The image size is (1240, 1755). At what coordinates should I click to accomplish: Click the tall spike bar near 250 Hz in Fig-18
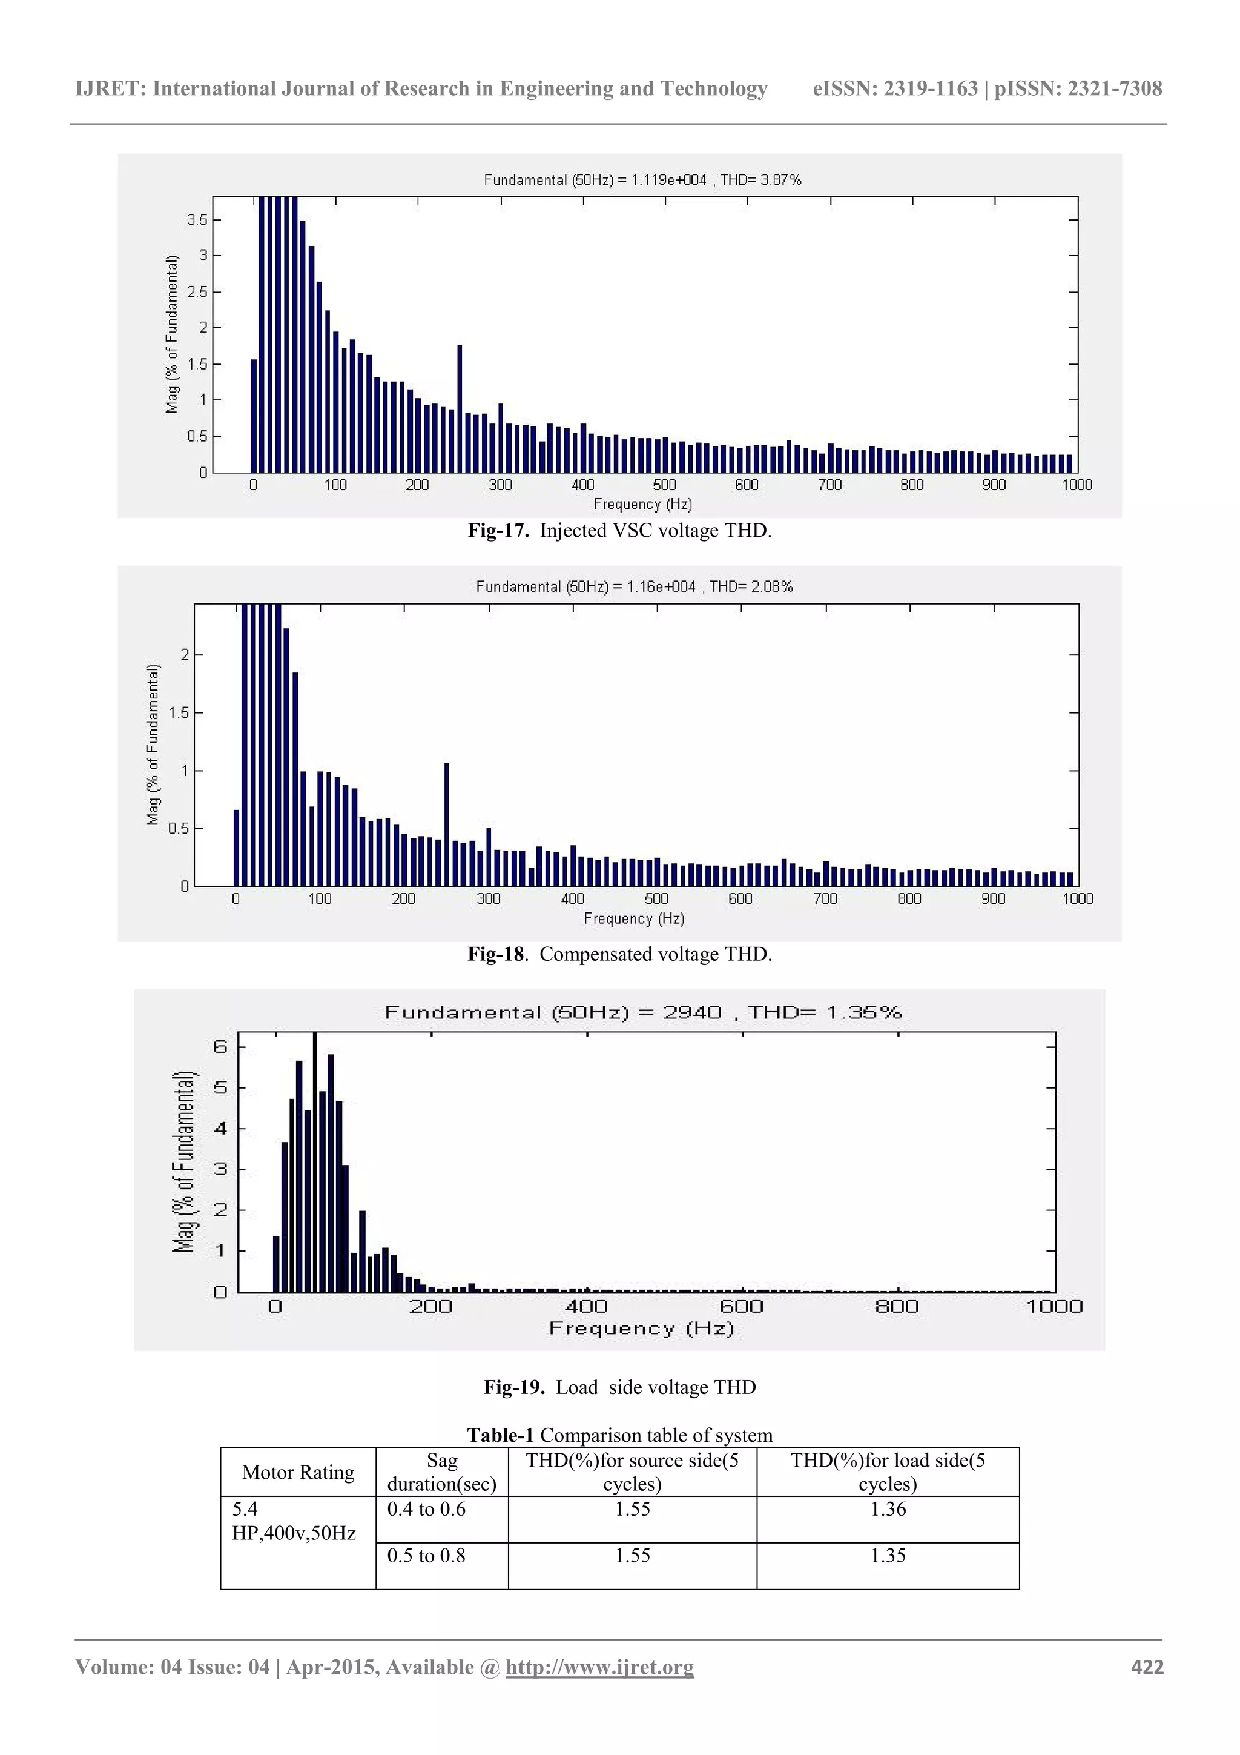pyautogui.click(x=446, y=824)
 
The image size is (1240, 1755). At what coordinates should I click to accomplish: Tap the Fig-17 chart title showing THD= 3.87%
pyautogui.click(x=642, y=180)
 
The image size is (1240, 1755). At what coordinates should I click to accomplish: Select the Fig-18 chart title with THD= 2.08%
pyautogui.click(x=634, y=586)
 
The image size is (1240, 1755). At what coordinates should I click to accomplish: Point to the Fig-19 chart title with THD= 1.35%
pyautogui.click(x=642, y=1013)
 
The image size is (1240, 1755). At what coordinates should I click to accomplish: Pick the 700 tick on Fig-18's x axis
pyautogui.click(x=825, y=899)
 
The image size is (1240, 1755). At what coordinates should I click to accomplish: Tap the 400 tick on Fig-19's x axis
pyautogui.click(x=586, y=1306)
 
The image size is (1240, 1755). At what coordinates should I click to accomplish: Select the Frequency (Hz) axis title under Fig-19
pyautogui.click(x=641, y=1329)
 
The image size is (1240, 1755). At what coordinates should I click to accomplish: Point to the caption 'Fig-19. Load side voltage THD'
pyautogui.click(x=619, y=1387)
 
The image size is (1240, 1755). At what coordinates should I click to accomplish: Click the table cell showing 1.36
pyautogui.click(x=888, y=1509)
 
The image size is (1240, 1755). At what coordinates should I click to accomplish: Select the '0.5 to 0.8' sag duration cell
pyautogui.click(x=426, y=1556)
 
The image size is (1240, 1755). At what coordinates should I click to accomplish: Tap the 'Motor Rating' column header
pyautogui.click(x=298, y=1472)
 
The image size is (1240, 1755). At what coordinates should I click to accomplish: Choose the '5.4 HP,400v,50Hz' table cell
pyautogui.click(x=294, y=1521)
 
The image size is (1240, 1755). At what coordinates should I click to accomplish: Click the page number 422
pyautogui.click(x=1147, y=1667)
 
